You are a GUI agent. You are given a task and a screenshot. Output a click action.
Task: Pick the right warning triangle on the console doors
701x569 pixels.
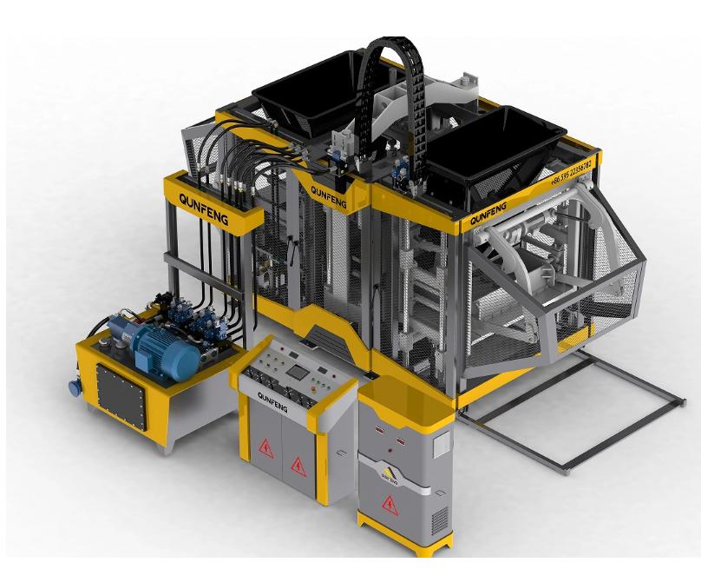click(x=298, y=465)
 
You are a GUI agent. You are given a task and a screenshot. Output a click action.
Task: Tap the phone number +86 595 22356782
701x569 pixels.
click(x=572, y=172)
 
